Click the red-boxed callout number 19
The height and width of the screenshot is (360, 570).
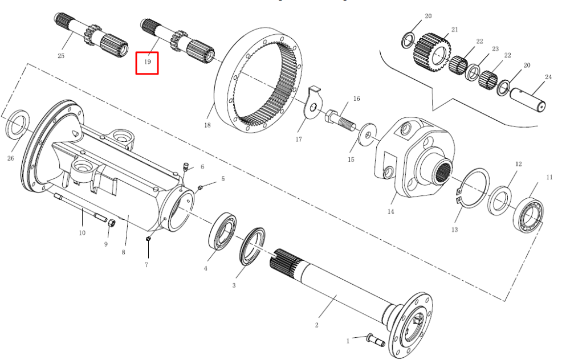pos(147,62)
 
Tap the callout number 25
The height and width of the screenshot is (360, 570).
pos(61,56)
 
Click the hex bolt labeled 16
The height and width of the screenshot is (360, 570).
pos(341,119)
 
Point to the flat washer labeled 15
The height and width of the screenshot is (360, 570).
pos(368,135)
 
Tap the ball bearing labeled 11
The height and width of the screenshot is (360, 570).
pos(528,215)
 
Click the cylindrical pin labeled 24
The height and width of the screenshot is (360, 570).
pos(527,100)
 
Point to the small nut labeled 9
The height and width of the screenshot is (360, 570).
pos(112,223)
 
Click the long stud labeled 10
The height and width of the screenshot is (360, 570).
pos(81,207)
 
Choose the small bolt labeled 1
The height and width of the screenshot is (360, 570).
pos(376,339)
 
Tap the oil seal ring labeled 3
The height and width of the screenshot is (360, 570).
pos(253,247)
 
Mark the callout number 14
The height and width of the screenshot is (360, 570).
pos(391,211)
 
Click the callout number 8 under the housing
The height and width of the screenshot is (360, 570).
pos(124,252)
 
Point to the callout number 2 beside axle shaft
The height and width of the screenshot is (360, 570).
pos(316,325)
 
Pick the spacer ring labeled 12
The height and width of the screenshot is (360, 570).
pos(500,200)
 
